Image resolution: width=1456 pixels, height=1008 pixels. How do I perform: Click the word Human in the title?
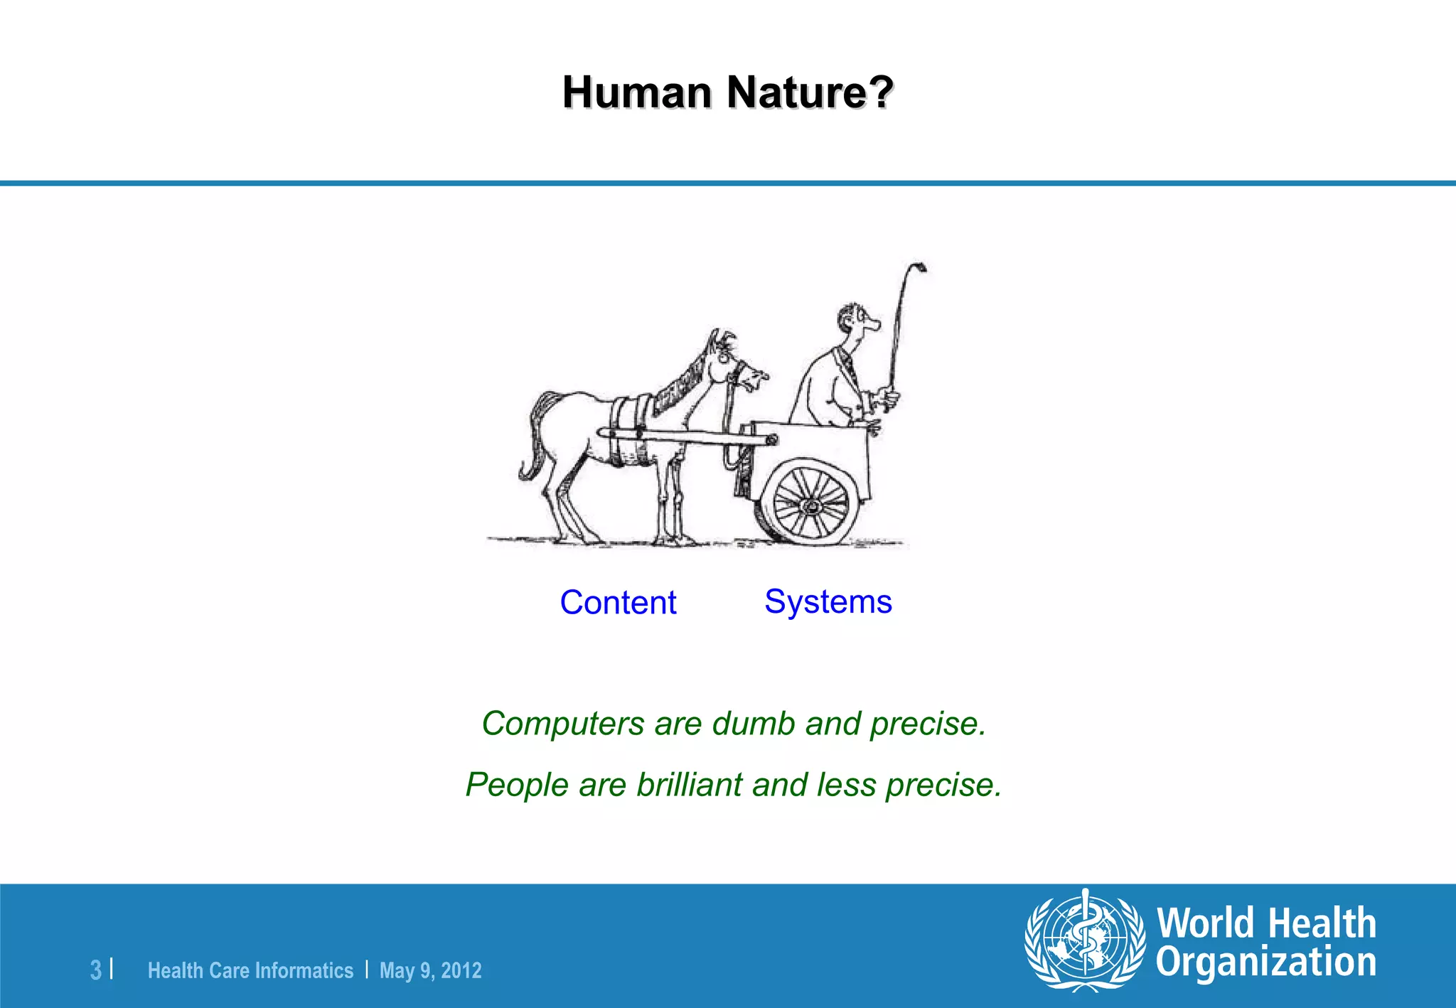point(636,92)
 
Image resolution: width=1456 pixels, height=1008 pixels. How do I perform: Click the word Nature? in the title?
point(810,92)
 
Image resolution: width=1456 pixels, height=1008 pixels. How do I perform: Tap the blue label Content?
point(618,603)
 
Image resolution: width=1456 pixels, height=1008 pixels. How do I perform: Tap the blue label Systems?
point(828,601)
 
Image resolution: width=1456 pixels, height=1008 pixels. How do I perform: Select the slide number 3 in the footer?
point(96,970)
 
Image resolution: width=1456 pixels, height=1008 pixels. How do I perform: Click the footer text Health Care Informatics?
point(250,970)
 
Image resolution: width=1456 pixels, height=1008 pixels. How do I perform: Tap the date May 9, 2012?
point(430,970)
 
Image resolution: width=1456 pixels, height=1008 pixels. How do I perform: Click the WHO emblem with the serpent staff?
point(1085,940)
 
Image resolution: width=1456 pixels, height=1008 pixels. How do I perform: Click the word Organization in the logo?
point(1265,963)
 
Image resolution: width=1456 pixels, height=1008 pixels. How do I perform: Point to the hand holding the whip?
point(887,397)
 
